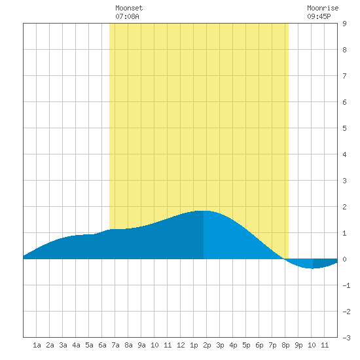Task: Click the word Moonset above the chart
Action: pos(129,8)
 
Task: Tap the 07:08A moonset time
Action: pos(127,16)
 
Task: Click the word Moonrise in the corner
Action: pos(323,8)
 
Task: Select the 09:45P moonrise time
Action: pos(319,16)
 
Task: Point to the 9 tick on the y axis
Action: pos(344,24)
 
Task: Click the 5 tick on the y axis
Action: pos(344,128)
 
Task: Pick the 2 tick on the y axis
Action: pos(344,207)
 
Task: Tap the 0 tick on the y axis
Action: pos(344,259)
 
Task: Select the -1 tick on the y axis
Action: pos(346,285)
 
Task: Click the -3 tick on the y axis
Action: pos(346,338)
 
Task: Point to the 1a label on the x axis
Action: pos(37,345)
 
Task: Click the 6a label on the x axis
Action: pos(102,345)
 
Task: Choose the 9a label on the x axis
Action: pos(141,345)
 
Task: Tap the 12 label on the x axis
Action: pos(181,345)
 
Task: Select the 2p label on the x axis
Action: pos(207,345)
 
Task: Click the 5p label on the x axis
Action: pos(246,345)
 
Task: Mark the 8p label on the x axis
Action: pos(285,345)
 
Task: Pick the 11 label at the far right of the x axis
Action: pos(325,345)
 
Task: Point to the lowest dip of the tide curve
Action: pos(312,268)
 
